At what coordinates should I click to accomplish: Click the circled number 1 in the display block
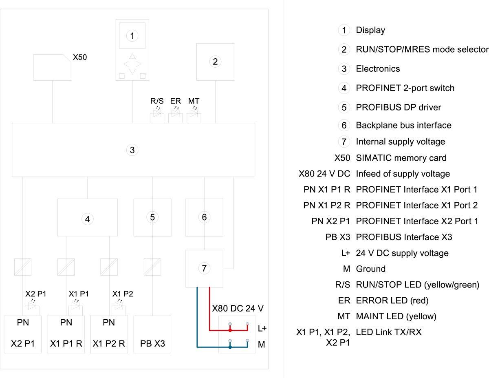(x=132, y=36)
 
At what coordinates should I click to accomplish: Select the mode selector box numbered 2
(x=215, y=62)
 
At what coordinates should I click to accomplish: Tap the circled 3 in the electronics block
(x=132, y=150)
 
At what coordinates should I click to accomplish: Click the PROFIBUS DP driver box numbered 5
(x=152, y=217)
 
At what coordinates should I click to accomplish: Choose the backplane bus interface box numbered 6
(x=204, y=217)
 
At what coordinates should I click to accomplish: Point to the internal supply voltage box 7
(x=204, y=268)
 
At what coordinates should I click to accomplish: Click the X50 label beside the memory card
(x=79, y=57)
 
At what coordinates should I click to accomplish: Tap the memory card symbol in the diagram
(x=52, y=67)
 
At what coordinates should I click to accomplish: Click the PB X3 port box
(x=152, y=334)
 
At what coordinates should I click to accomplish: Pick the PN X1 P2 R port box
(x=109, y=334)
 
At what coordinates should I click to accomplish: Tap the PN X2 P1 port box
(x=23, y=334)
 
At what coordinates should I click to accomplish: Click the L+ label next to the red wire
(x=262, y=328)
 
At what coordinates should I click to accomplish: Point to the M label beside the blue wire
(x=262, y=345)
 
